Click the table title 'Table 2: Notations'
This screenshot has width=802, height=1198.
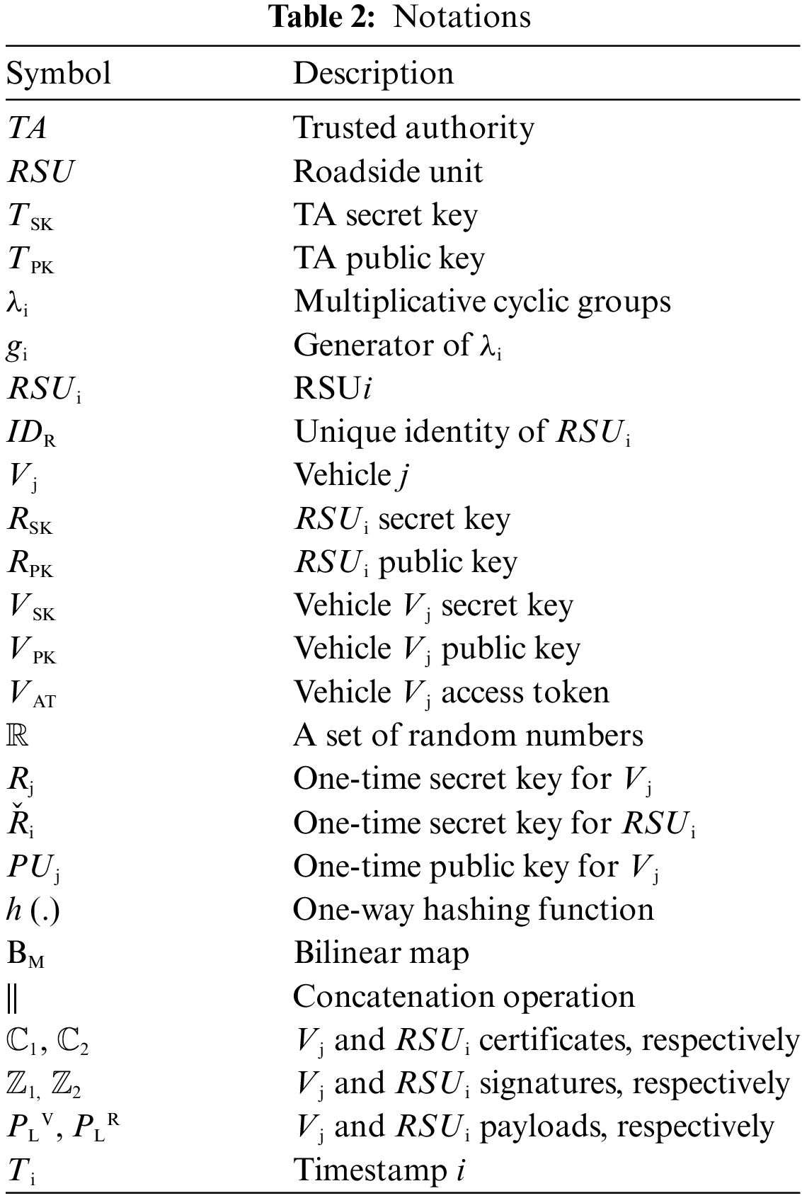401,16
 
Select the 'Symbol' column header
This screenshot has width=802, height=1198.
59,74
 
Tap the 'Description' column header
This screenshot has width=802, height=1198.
373,74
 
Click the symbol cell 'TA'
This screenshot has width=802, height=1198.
28,128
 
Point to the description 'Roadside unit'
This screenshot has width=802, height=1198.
388,171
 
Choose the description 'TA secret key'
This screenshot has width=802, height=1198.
385,215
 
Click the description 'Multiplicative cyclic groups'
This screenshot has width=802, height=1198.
481,302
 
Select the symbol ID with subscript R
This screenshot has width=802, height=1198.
31,433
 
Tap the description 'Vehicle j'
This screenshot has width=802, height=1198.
351,475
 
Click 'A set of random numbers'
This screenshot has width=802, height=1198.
468,736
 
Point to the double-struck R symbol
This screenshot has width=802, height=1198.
18,736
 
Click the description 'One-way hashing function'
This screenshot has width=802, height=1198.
473,909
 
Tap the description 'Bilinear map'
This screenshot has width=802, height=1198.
381,953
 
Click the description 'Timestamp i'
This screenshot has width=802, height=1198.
378,1170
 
